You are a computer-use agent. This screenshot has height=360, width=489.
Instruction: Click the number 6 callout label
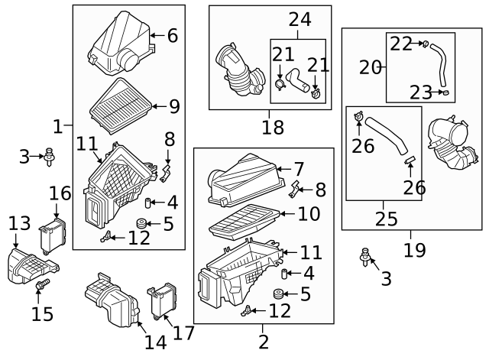tap(172, 35)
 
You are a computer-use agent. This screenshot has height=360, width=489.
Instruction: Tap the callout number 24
tap(300, 19)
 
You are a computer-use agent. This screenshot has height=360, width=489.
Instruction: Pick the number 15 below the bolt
tap(43, 313)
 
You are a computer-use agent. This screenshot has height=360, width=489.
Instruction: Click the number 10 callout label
tap(309, 214)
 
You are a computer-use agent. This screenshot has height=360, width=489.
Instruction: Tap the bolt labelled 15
tap(41, 286)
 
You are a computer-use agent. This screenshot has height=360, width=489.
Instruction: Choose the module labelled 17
tap(160, 300)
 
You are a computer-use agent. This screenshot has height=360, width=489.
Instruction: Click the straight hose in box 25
tap(385, 138)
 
